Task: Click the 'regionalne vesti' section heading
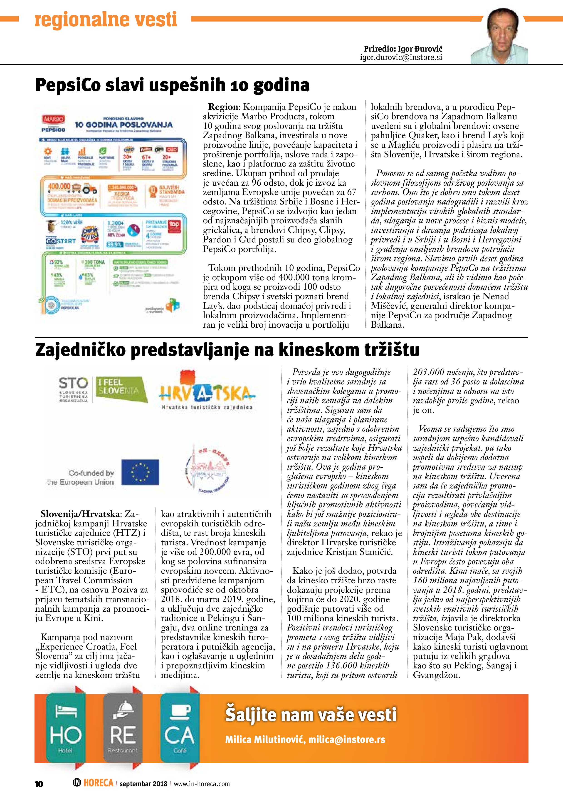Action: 106,20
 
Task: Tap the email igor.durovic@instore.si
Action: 401,58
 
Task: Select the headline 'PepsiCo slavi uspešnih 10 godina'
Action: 172,85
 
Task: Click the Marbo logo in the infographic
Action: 53,119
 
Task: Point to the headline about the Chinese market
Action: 227,350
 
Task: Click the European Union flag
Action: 140,472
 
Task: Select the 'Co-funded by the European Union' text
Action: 81,477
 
